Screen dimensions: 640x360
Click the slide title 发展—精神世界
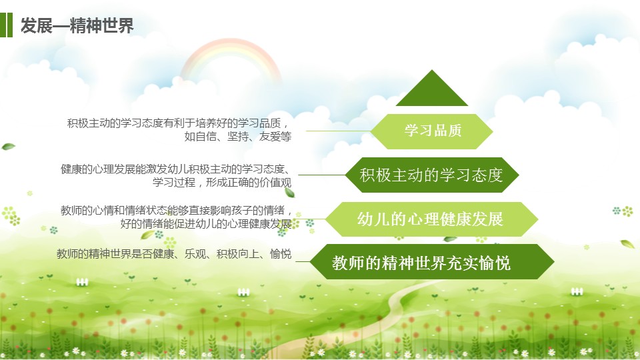pyautogui.click(x=77, y=25)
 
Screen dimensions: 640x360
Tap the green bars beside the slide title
pyautogui.click(x=6, y=25)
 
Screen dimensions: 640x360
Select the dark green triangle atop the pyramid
pyautogui.click(x=432, y=88)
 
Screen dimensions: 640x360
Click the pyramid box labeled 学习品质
pyautogui.click(x=431, y=131)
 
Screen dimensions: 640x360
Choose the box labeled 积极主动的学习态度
pyautogui.click(x=432, y=175)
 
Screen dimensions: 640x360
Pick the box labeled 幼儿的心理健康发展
pyautogui.click(x=431, y=219)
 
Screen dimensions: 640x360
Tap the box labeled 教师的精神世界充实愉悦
pyautogui.click(x=431, y=261)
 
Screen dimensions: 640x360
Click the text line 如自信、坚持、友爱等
pyautogui.click(x=237, y=136)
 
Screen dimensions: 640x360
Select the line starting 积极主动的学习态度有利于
pyautogui.click(x=178, y=123)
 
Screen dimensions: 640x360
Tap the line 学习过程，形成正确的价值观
pyautogui.click(x=222, y=182)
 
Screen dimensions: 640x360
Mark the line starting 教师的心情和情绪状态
pyautogui.click(x=176, y=211)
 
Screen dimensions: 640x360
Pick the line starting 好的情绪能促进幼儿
pyautogui.click(x=206, y=224)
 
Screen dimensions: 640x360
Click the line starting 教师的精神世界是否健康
pyautogui.click(x=174, y=254)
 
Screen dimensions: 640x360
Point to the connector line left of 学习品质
pyautogui.click(x=339, y=131)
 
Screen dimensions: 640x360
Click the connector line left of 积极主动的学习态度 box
pyautogui.click(x=322, y=175)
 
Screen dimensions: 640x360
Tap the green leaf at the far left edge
pyautogui.click(x=8, y=147)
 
